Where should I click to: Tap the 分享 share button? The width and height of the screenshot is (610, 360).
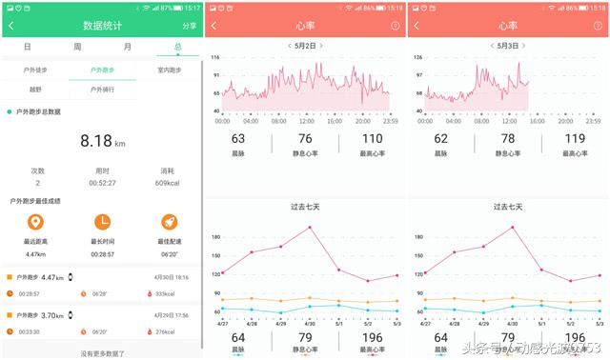pos(189,26)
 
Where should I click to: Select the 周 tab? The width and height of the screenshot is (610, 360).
pos(77,47)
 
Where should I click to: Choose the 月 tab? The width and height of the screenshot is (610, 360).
pos(128,47)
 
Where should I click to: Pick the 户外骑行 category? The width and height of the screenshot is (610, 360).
pos(102,90)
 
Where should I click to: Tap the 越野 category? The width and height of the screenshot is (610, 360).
pos(35,90)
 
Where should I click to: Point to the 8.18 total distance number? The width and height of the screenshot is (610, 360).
pos(96,140)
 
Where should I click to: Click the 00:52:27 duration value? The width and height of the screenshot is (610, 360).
pos(102,183)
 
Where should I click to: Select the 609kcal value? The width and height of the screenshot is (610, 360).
pos(168,183)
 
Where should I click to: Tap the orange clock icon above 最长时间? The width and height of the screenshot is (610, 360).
pos(102,222)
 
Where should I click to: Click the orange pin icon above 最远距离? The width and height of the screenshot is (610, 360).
pos(35,222)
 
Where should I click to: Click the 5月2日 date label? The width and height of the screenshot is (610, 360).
pos(306,46)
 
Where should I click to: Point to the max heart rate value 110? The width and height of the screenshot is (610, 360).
pos(373,139)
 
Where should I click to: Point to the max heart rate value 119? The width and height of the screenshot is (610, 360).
pos(575,139)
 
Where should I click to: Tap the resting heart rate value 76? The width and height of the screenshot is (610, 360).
pos(305,139)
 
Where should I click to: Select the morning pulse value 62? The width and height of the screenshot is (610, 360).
pos(441,139)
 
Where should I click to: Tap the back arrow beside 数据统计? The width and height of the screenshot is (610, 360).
pos(11,26)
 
